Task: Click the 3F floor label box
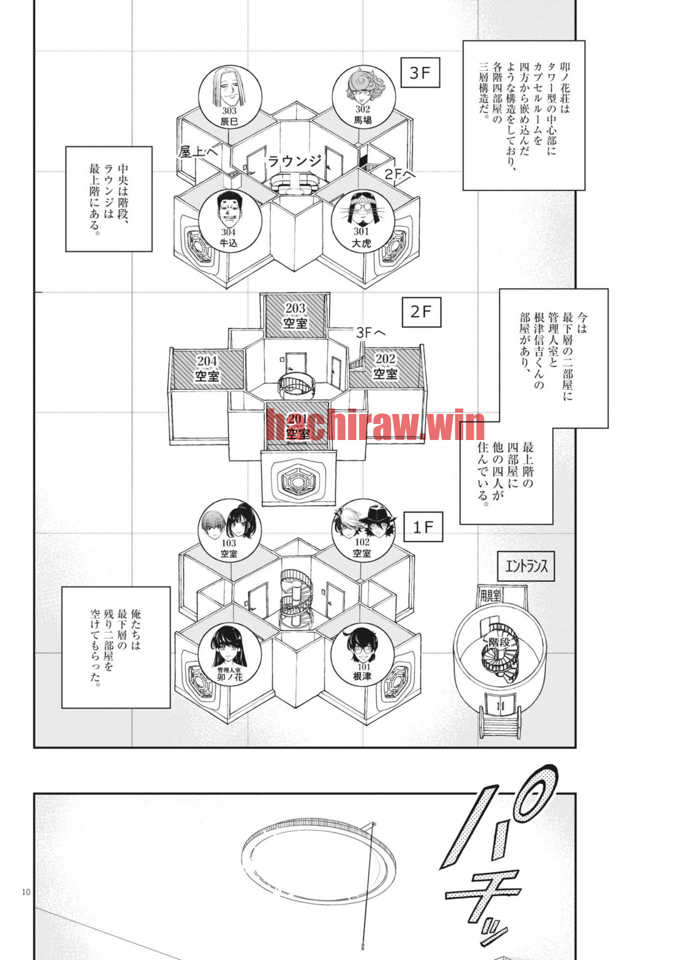tap(420, 73)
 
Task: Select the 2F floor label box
tap(422, 312)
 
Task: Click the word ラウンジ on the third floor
tap(295, 161)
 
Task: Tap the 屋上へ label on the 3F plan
tap(198, 151)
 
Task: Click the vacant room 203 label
tap(295, 315)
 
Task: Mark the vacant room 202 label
tap(385, 366)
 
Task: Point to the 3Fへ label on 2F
tap(371, 332)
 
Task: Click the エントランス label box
tap(526, 566)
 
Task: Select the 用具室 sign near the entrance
tap(490, 595)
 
